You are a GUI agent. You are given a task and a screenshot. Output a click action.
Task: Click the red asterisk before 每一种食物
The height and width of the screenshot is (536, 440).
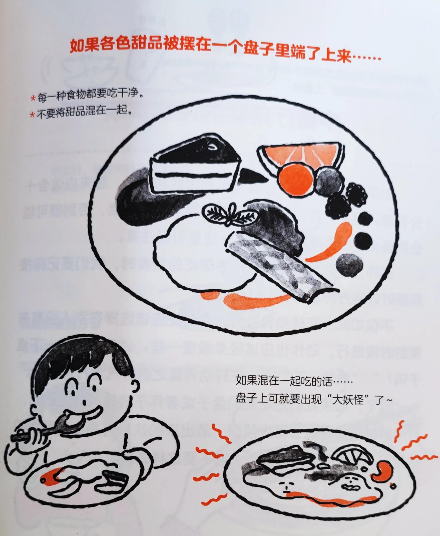tap(33, 98)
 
